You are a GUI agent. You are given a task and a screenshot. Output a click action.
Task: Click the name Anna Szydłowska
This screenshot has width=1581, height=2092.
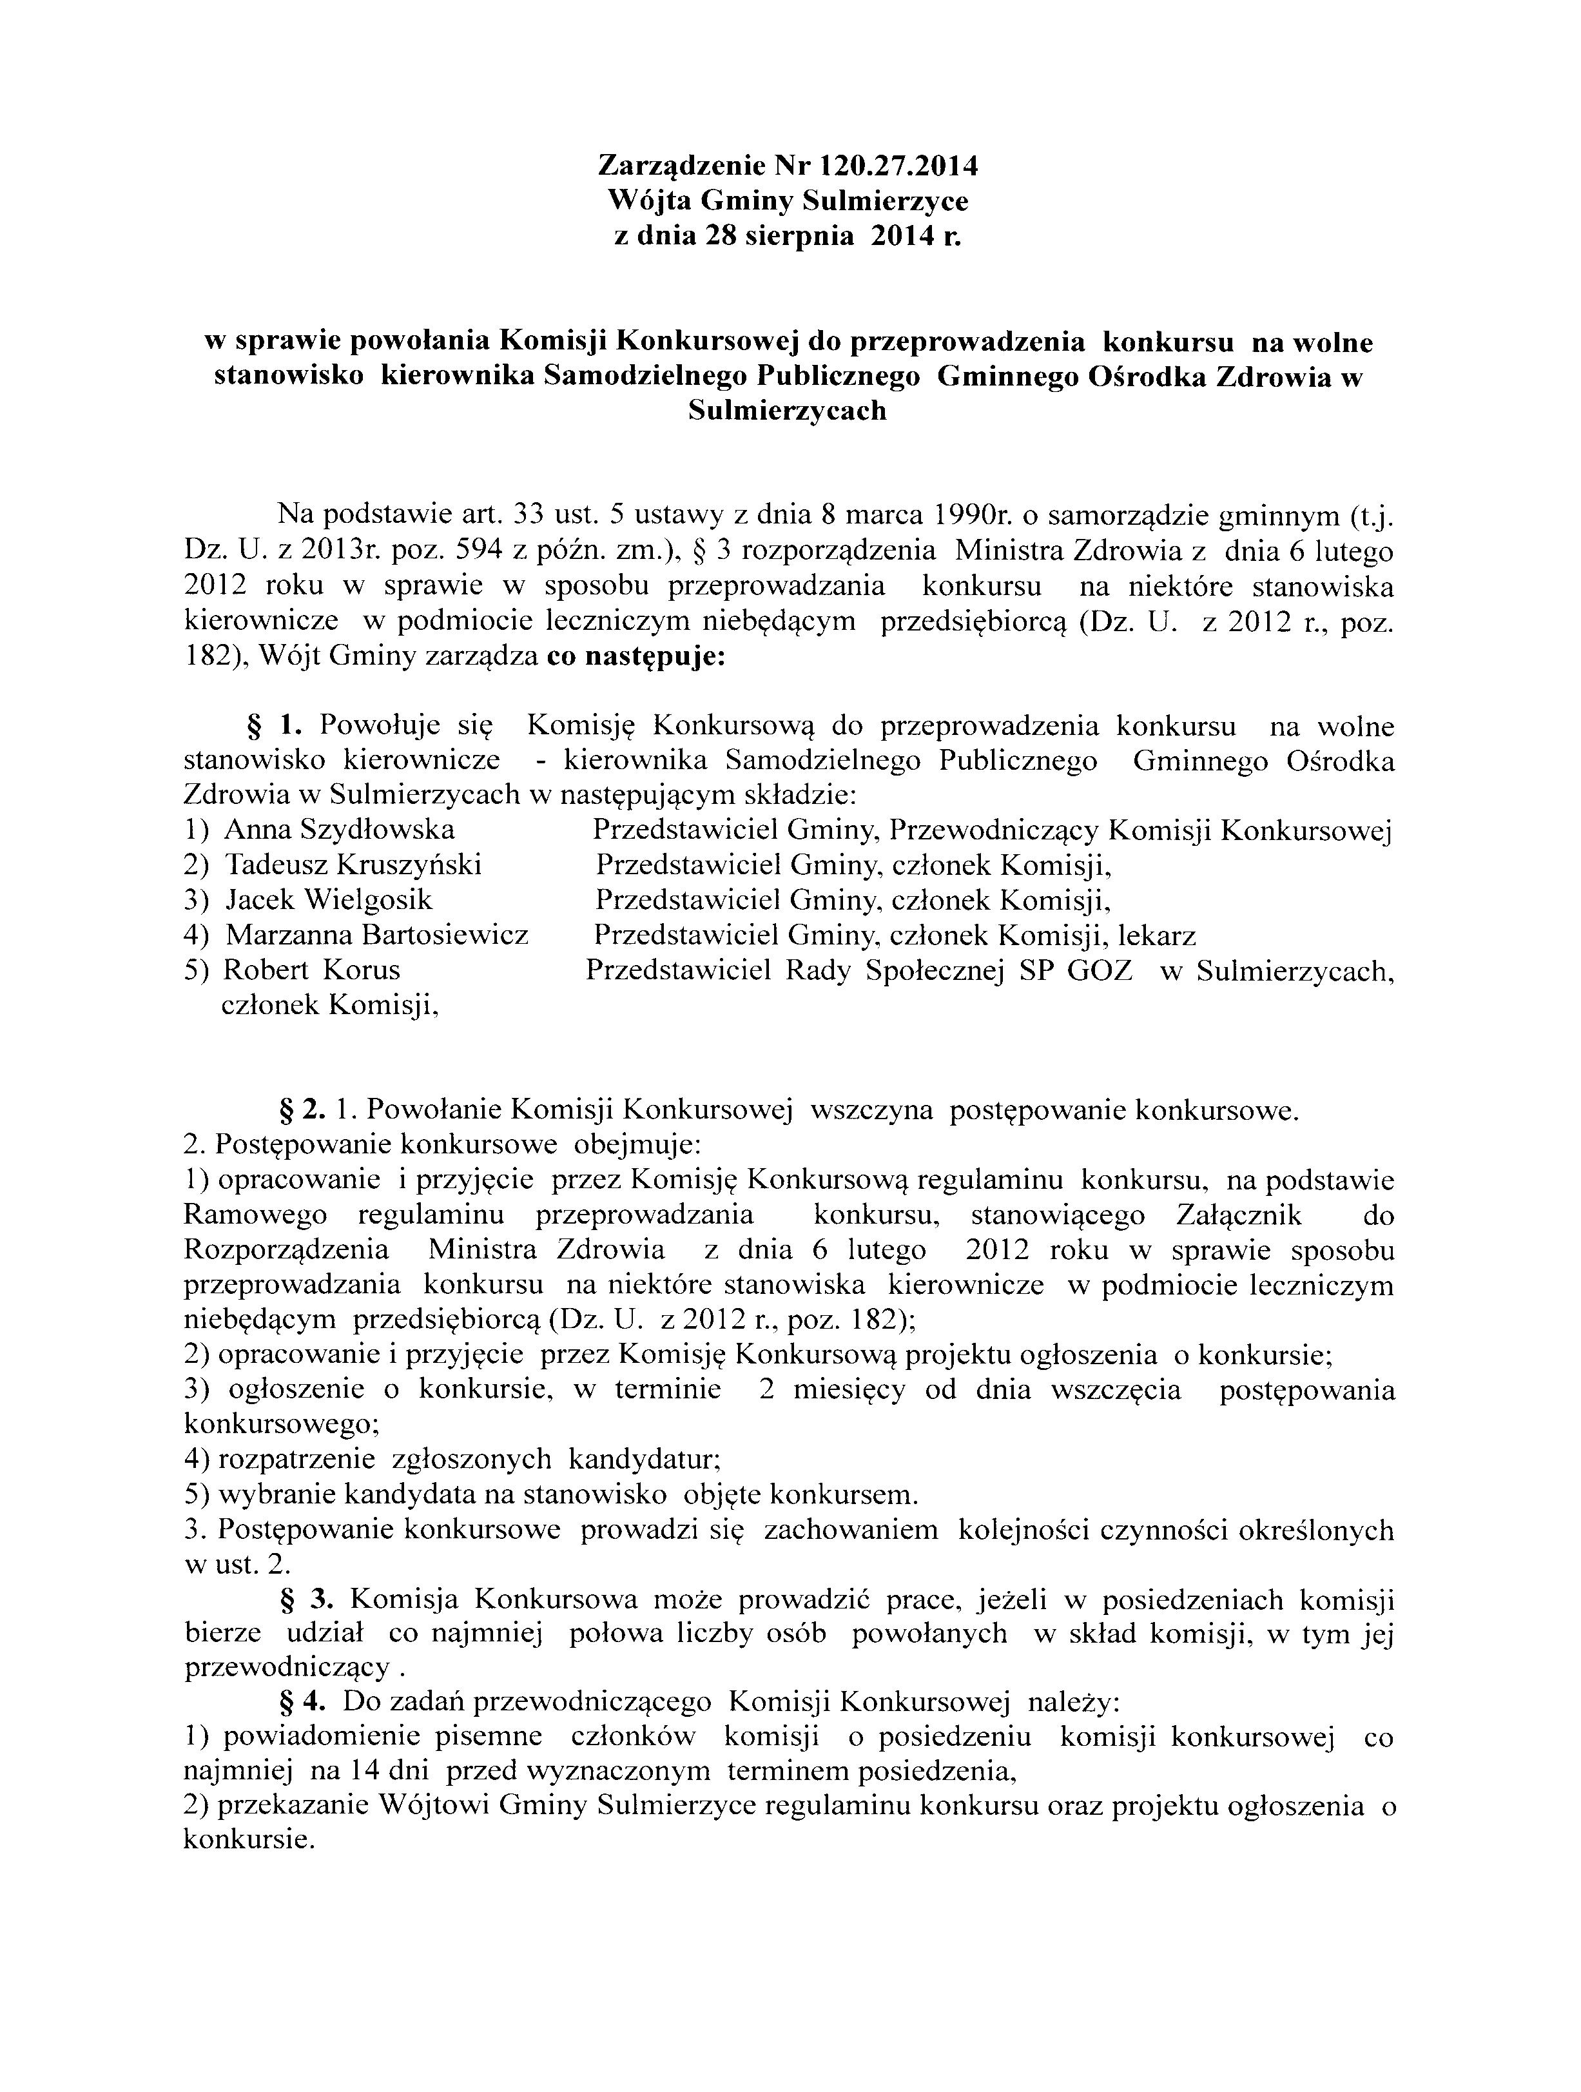(340, 830)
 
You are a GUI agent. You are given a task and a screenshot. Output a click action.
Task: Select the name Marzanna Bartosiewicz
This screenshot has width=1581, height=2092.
(376, 935)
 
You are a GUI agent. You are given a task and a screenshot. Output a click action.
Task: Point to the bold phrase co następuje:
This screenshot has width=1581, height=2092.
(636, 656)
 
